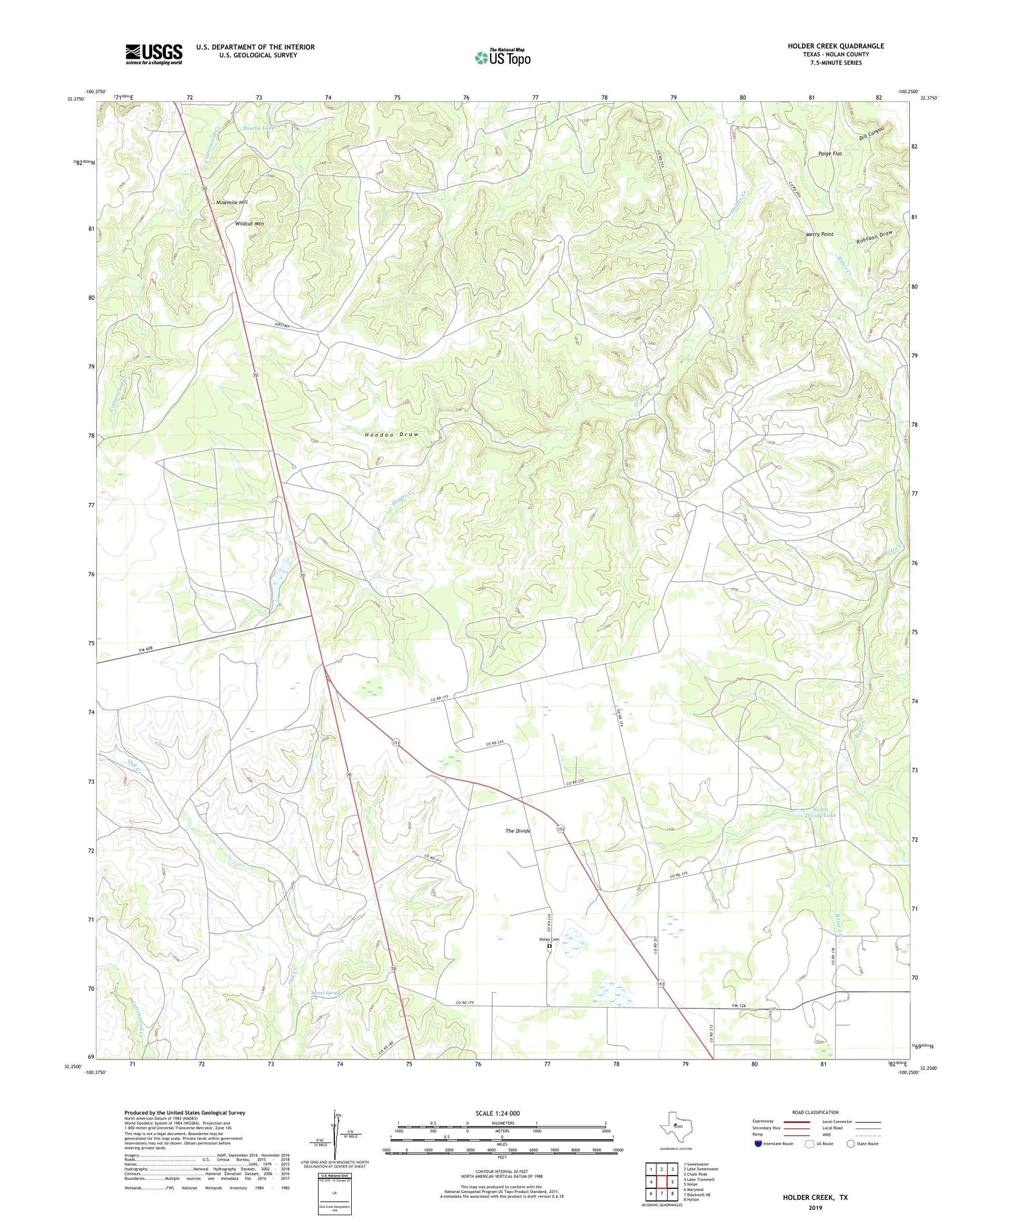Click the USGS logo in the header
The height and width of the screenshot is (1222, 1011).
(x=154, y=54)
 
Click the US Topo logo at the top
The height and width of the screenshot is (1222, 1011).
(x=502, y=58)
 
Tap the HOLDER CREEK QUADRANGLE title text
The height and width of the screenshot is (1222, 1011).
(x=836, y=46)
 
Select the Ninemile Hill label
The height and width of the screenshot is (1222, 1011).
(x=232, y=202)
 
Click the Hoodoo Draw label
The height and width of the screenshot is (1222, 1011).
(x=392, y=435)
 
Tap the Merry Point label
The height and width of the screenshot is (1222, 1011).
(x=820, y=235)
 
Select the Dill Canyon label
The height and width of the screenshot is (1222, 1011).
(x=871, y=133)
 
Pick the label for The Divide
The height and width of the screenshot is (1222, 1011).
(x=518, y=831)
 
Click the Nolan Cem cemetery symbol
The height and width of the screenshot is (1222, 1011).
(x=549, y=946)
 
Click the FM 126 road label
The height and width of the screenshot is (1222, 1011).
(x=739, y=1006)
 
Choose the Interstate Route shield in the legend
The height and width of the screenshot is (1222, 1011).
(x=758, y=1144)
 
